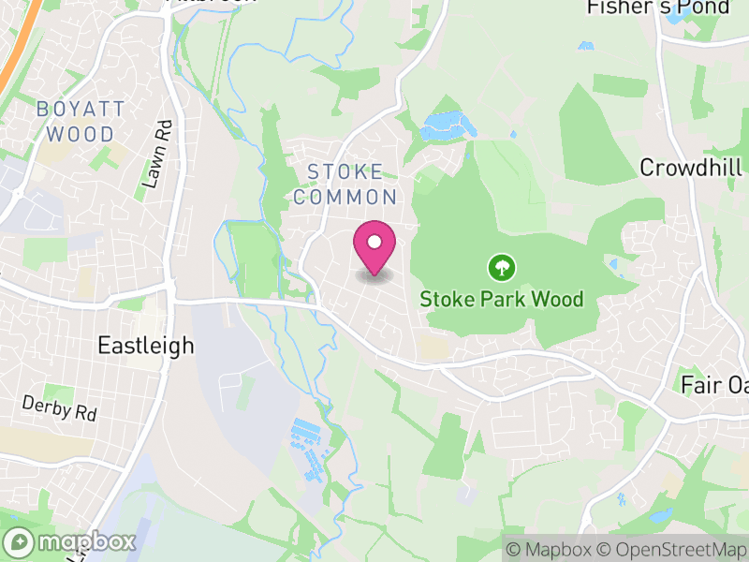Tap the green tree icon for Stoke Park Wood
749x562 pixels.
(503, 269)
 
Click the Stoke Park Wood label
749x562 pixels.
(501, 300)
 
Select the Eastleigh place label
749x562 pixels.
(146, 346)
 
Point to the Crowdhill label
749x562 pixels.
(691, 168)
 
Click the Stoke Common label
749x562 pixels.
(345, 185)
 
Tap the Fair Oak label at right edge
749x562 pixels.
(714, 385)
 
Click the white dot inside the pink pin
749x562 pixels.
(374, 243)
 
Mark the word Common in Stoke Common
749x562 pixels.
(345, 198)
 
